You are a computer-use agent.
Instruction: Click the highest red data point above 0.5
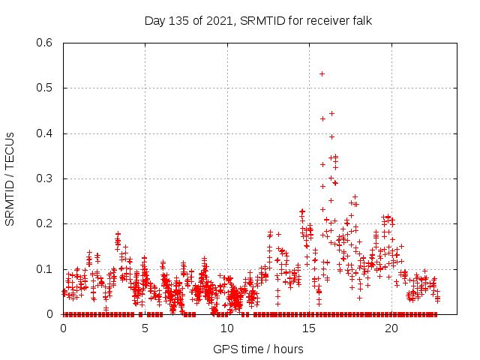pyautogui.click(x=322, y=73)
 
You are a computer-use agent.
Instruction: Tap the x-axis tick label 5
pyautogui.click(x=145, y=328)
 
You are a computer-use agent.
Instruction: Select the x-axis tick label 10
pyautogui.click(x=226, y=328)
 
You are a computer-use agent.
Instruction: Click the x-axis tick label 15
pyautogui.click(x=309, y=328)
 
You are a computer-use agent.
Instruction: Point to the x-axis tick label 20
pyautogui.click(x=391, y=328)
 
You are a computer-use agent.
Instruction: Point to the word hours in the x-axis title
pyautogui.click(x=288, y=349)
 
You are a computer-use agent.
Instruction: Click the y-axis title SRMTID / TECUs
pyautogui.click(x=10, y=178)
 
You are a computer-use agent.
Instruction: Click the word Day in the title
pyautogui.click(x=155, y=20)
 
